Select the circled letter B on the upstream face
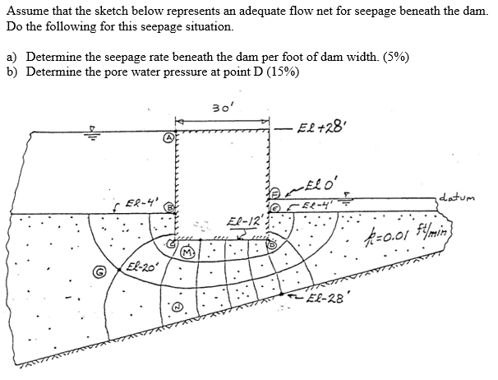[169, 208]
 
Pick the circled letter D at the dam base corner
[172, 243]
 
